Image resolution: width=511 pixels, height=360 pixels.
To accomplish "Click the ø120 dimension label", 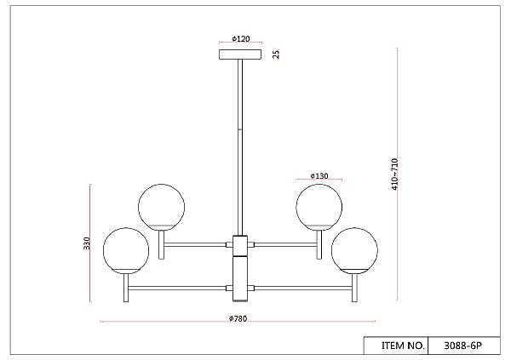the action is point(241,39).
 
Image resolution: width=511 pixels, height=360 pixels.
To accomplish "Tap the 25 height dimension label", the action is point(276,54).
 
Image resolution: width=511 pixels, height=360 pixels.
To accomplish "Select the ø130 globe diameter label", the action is point(319,176).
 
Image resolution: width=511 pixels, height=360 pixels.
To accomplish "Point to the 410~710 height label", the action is point(394,174).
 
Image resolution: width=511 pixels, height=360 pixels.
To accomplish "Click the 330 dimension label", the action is point(87,243).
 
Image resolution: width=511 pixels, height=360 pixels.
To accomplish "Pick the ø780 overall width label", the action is point(238,318).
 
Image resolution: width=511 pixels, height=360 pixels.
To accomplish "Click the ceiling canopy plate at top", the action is point(240,54).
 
